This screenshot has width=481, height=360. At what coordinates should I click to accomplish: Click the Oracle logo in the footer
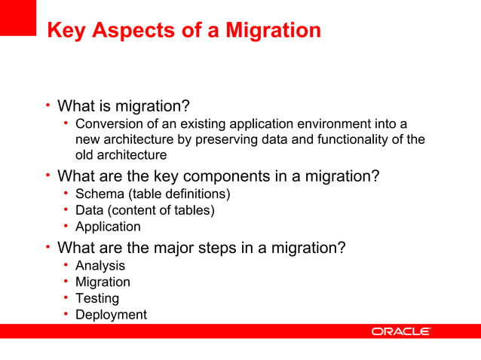pyautogui.click(x=400, y=331)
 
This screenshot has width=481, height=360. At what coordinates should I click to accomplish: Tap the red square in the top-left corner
pyautogui.click(x=18, y=17)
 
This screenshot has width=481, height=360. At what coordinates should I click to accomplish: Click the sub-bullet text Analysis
pyautogui.click(x=100, y=265)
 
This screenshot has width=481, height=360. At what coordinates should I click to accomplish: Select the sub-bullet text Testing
pyautogui.click(x=97, y=298)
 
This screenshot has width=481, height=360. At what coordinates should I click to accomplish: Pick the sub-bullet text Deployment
pyautogui.click(x=111, y=315)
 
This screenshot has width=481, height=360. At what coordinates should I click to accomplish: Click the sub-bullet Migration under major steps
pyautogui.click(x=103, y=282)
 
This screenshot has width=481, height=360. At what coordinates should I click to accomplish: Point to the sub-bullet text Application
pyautogui.click(x=108, y=226)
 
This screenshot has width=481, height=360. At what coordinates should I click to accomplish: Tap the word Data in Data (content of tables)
pyautogui.click(x=89, y=210)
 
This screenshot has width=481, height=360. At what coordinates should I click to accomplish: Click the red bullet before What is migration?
pyautogui.click(x=47, y=105)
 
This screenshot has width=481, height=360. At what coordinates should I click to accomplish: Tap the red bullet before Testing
pyautogui.click(x=66, y=297)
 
